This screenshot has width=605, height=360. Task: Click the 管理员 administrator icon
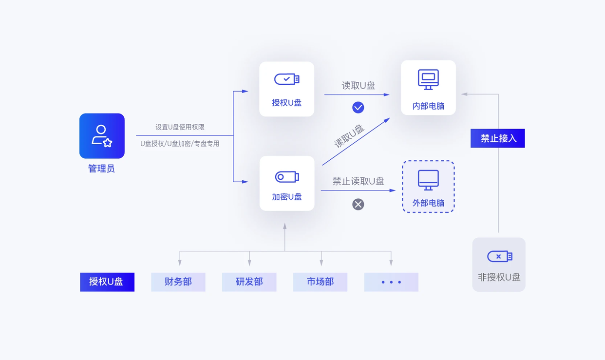point(102,136)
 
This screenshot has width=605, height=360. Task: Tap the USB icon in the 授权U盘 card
point(286,79)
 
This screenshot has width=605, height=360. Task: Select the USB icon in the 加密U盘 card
point(286,177)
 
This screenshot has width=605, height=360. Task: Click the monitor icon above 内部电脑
point(428,79)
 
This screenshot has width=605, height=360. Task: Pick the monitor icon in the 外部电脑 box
point(428,180)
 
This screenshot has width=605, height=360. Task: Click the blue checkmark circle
point(358,107)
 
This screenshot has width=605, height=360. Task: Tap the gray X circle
point(358,204)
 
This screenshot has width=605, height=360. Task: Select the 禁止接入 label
point(497,138)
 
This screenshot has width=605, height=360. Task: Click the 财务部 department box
point(178,282)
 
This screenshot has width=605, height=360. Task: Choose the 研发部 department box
point(249,282)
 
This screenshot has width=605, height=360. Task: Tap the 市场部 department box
point(320,282)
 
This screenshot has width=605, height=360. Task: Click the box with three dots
point(391,282)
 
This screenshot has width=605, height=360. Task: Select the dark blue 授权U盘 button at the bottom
point(107,282)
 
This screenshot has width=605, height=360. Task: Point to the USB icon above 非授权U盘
point(499,256)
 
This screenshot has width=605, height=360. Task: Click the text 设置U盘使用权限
point(180,127)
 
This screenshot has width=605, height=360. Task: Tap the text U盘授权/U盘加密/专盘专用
point(180,144)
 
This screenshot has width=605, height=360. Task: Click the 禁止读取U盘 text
point(358,182)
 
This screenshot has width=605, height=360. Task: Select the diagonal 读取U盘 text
point(349,136)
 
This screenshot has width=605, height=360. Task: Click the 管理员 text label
point(101,169)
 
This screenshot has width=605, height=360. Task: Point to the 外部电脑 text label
point(428,203)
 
